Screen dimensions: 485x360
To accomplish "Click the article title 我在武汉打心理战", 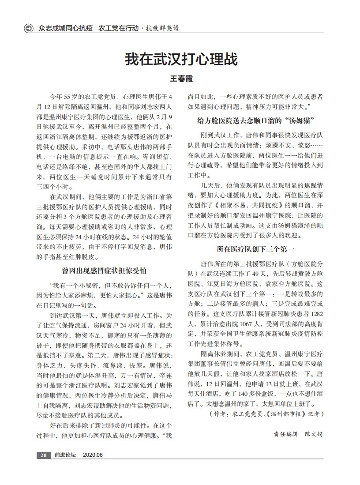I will click(x=181, y=59).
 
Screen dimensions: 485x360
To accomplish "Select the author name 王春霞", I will click(x=181, y=79).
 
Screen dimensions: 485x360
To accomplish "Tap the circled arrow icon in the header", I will click(x=29, y=28).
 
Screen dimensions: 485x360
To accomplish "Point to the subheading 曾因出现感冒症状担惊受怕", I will click(x=104, y=271).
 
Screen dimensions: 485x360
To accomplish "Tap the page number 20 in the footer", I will click(x=43, y=455).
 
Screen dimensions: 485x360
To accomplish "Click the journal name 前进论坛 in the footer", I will click(x=65, y=455).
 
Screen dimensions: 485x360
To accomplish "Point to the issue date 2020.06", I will click(x=93, y=455).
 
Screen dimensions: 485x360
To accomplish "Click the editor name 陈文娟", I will click(x=313, y=434).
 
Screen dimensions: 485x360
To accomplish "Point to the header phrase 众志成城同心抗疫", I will click(x=65, y=28).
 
